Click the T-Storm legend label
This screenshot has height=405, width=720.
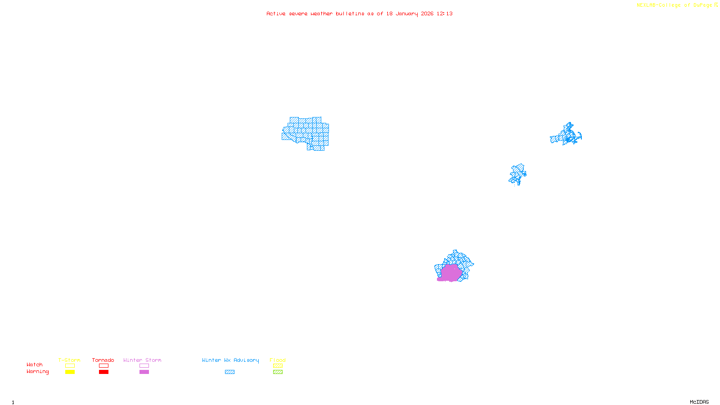[69, 360]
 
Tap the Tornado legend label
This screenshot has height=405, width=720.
[103, 360]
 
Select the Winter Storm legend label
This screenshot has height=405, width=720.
[142, 360]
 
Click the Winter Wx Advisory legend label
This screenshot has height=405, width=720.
[230, 360]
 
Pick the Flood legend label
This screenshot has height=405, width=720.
[278, 360]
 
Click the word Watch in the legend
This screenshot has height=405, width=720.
[35, 364]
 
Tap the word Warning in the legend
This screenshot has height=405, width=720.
[38, 372]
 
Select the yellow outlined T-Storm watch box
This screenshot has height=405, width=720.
[70, 366]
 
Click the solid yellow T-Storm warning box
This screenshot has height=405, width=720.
[70, 372]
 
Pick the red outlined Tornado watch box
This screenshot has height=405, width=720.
[103, 366]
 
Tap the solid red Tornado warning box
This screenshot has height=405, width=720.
[103, 372]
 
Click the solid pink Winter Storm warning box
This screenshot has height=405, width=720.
[144, 372]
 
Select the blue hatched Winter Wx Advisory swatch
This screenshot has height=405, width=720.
[229, 372]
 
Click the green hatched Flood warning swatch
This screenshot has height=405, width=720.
[278, 372]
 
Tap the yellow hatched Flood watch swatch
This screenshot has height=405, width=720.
[278, 366]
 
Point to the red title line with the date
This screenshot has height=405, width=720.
[359, 13]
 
